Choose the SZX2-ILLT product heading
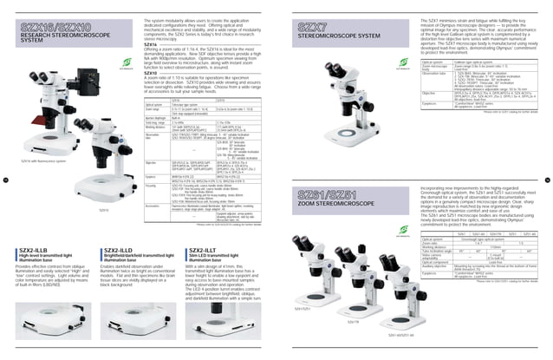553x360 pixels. pyautogui.click(x=205, y=248)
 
